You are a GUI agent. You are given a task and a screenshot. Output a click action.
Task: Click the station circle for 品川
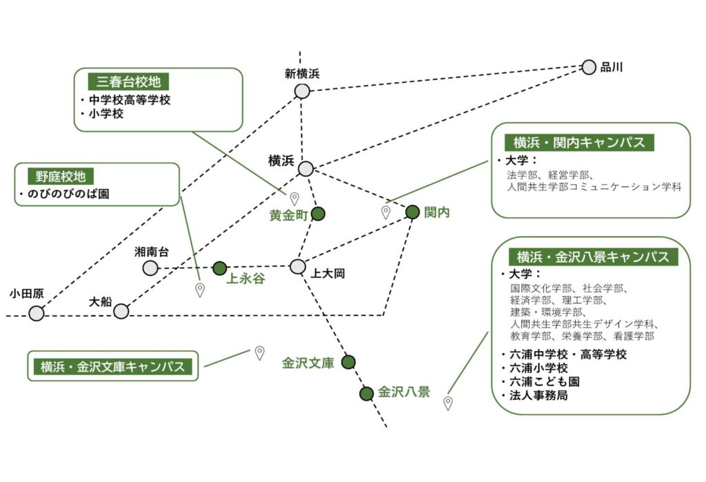(x=589, y=67)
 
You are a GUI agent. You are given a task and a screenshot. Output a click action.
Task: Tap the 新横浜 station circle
(x=302, y=91)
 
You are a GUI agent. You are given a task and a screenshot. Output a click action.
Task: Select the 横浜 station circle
(x=305, y=168)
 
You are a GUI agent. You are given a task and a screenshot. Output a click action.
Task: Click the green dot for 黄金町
(x=318, y=214)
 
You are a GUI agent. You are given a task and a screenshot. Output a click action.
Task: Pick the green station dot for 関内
(x=412, y=212)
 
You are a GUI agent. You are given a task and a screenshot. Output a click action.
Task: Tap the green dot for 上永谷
(x=219, y=268)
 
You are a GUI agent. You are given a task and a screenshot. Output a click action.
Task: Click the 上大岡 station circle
(x=297, y=266)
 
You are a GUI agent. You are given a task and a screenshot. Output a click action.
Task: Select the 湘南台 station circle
(x=150, y=268)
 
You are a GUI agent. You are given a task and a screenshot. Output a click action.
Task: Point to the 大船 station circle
(x=121, y=311)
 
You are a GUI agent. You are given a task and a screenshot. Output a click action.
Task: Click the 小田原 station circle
(x=37, y=314)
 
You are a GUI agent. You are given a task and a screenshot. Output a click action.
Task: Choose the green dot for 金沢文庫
(x=348, y=362)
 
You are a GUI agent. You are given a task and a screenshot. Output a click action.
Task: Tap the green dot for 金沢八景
(x=366, y=394)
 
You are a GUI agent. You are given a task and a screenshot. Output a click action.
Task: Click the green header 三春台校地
(x=128, y=81)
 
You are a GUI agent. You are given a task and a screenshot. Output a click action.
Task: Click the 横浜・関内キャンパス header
(x=579, y=142)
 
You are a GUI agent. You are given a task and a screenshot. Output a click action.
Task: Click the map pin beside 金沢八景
(x=448, y=403)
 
